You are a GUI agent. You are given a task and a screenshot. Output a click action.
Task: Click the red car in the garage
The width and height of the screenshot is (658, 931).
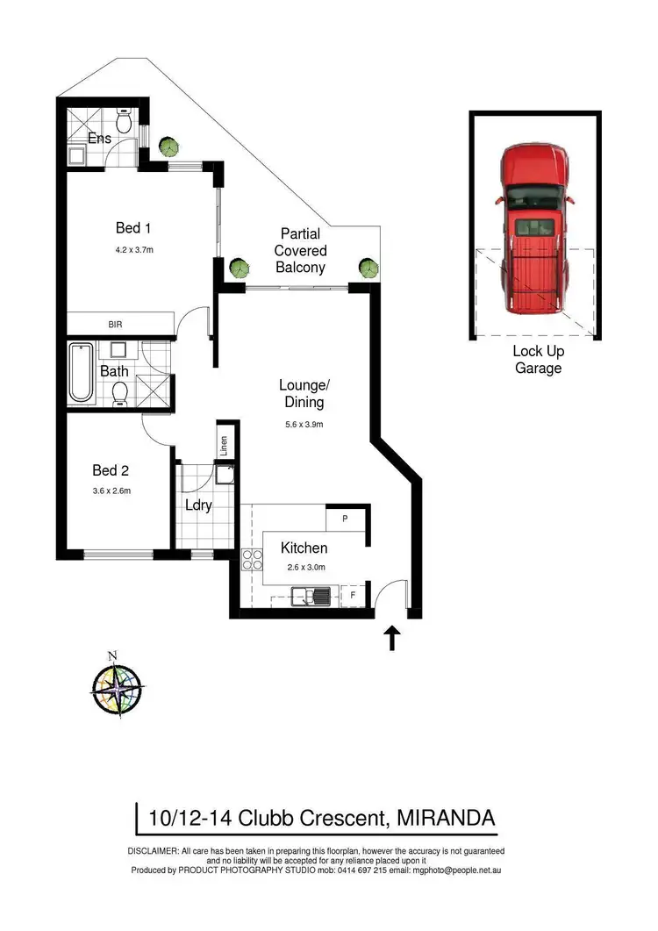pos(535,229)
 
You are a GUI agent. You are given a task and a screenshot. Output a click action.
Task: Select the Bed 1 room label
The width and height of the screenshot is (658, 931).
pos(134,228)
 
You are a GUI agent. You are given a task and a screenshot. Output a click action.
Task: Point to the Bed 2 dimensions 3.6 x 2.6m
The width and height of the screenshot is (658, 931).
pos(111,491)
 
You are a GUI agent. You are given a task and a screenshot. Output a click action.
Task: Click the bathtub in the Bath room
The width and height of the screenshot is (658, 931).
pos(82,373)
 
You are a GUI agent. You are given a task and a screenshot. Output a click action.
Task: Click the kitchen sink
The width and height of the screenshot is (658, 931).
pos(315,598)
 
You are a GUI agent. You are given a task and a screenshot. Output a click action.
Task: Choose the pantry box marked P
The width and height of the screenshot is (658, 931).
pos(346,519)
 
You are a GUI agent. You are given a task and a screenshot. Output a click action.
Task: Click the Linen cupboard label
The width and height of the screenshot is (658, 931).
pos(224,445)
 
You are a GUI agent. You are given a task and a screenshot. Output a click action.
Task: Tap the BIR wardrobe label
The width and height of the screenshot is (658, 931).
pos(115,325)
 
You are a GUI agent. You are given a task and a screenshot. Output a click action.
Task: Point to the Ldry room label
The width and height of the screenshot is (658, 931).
pos(198,505)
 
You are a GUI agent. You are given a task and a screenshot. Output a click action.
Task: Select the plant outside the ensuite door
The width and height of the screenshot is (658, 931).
pos(164,146)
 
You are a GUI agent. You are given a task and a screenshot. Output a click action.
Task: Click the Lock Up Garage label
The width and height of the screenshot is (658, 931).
pos(538,360)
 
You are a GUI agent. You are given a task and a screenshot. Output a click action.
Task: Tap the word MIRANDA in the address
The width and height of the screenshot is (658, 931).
pos(447,818)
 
